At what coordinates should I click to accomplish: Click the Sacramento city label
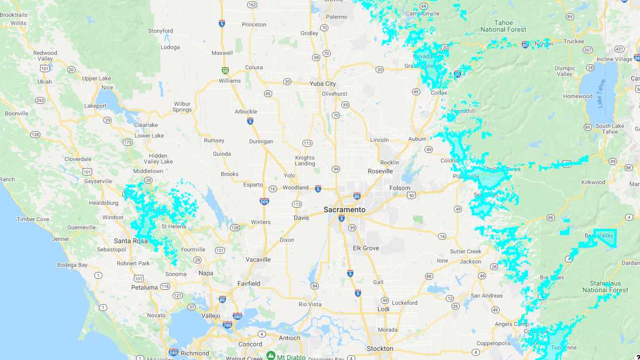[x=345, y=210]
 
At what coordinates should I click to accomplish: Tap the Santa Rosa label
[x=130, y=241]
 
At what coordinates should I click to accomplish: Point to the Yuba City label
[x=323, y=83]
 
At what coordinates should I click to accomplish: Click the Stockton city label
[x=380, y=349]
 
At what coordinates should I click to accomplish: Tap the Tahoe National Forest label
[x=503, y=26]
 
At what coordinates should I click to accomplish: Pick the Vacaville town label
[x=258, y=259]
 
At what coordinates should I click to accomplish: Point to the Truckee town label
[x=573, y=41]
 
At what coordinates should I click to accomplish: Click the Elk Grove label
[x=366, y=248]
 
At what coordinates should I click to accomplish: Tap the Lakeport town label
[x=95, y=106]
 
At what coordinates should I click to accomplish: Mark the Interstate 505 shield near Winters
[x=264, y=201]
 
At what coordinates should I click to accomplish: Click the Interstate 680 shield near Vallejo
[x=237, y=316]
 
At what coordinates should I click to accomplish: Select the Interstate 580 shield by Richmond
[x=173, y=352]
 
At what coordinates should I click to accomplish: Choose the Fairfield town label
[x=249, y=284]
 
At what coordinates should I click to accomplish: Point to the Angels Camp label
[x=510, y=324]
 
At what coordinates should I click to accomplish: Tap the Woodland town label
[x=295, y=187]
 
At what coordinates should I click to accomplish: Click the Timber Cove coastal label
[x=33, y=219]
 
